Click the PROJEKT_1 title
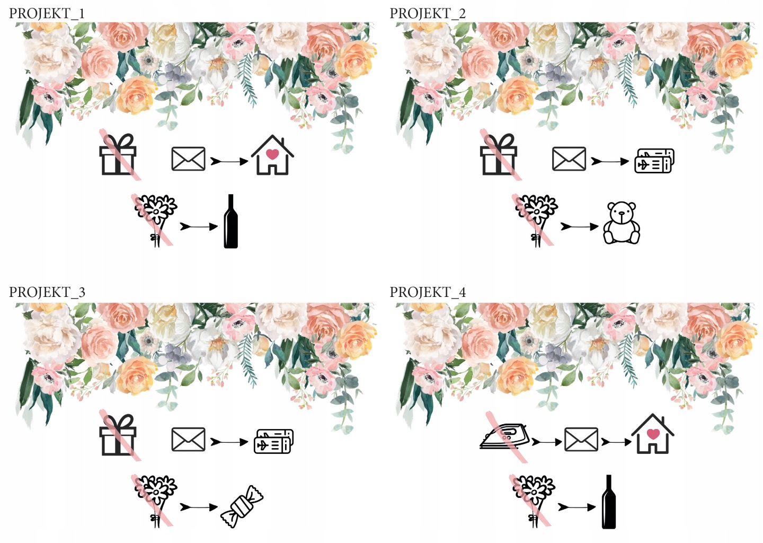pos(47,14)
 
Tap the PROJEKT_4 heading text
pos(428,292)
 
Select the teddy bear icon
pos(622,223)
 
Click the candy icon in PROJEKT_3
pos(242,506)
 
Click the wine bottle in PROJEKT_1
pos(230,221)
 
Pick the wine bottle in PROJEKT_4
pos(609,502)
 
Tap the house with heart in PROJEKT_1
pos(272,155)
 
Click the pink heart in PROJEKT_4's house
pos(653,434)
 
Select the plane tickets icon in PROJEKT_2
pos(654,161)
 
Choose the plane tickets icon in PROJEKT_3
pos(273,441)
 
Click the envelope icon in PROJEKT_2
pos(569,159)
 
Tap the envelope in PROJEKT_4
pos(581,440)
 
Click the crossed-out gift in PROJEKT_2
pos(499,154)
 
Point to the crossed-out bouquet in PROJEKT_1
pos(155,221)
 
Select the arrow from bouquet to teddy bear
pos(580,226)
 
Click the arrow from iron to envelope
pos(547,442)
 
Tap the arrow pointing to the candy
pos(199,507)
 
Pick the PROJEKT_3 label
pos(47,292)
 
